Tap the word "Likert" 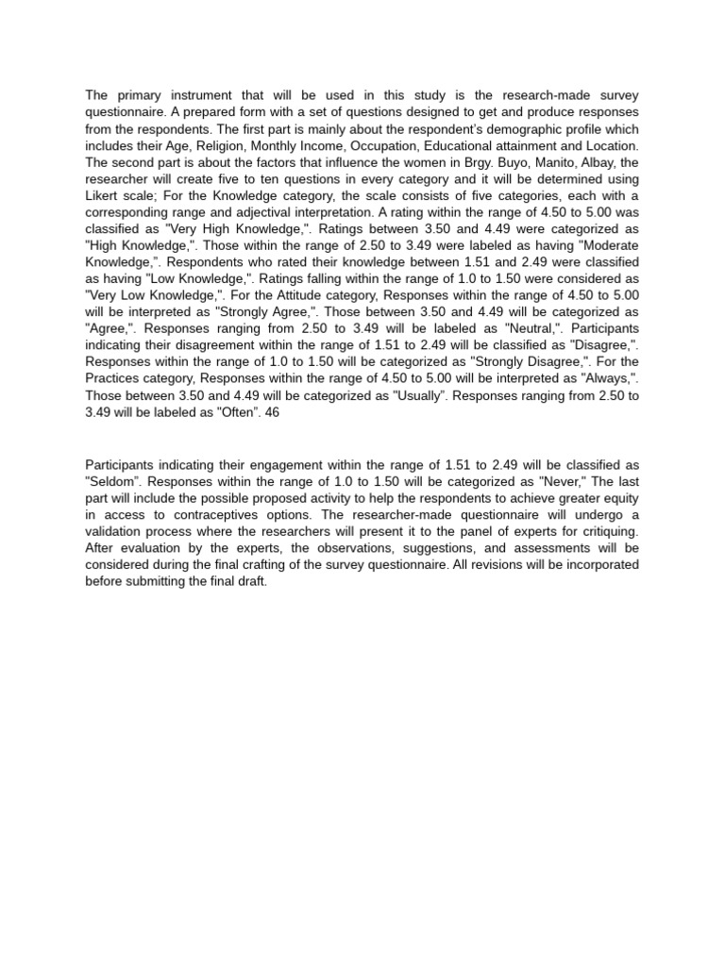[105, 197]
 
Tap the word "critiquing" [608, 533]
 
